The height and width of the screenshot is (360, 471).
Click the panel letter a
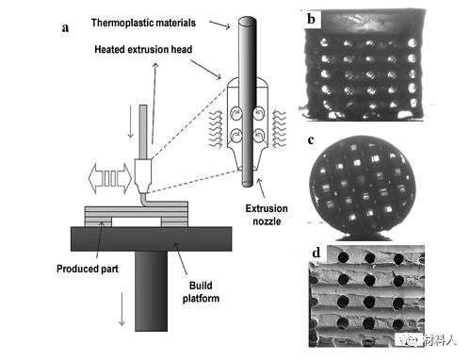tap(65, 27)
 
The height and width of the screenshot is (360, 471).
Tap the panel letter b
tap(311, 19)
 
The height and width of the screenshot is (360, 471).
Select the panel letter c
tap(311, 140)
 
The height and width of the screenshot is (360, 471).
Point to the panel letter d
tap(317, 253)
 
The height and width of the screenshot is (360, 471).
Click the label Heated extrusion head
tap(143, 49)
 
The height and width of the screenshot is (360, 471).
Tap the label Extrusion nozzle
tap(267, 215)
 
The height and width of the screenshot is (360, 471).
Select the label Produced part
tap(88, 269)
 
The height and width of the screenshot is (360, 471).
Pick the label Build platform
tap(201, 292)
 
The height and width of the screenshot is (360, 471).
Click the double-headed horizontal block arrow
tap(110, 178)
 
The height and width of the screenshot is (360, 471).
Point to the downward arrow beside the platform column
tap(122, 309)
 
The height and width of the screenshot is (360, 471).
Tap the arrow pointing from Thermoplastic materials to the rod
tap(219, 25)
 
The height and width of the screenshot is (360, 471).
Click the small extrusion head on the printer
tap(143, 176)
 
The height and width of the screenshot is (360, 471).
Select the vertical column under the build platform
tap(152, 291)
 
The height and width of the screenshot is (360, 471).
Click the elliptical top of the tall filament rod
tap(248, 21)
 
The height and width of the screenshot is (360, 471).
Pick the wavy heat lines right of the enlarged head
tap(279, 129)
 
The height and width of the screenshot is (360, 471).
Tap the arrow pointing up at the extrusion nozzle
tap(261, 188)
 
